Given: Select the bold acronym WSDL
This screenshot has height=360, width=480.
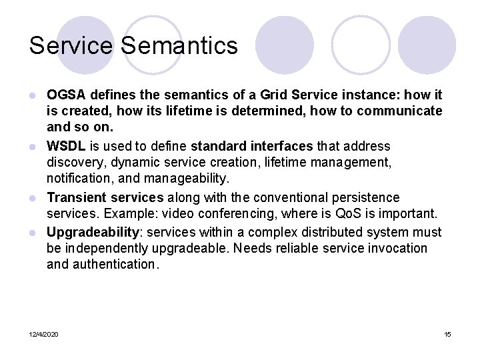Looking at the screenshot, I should tap(67, 146).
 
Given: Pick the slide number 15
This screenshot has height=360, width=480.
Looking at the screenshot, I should tap(447, 334).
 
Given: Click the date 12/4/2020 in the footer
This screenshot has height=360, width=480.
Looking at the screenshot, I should tap(44, 334).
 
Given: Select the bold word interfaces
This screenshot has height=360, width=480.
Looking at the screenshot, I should tap(280, 146).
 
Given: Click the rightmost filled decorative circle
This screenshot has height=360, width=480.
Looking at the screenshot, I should tap(427, 45).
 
